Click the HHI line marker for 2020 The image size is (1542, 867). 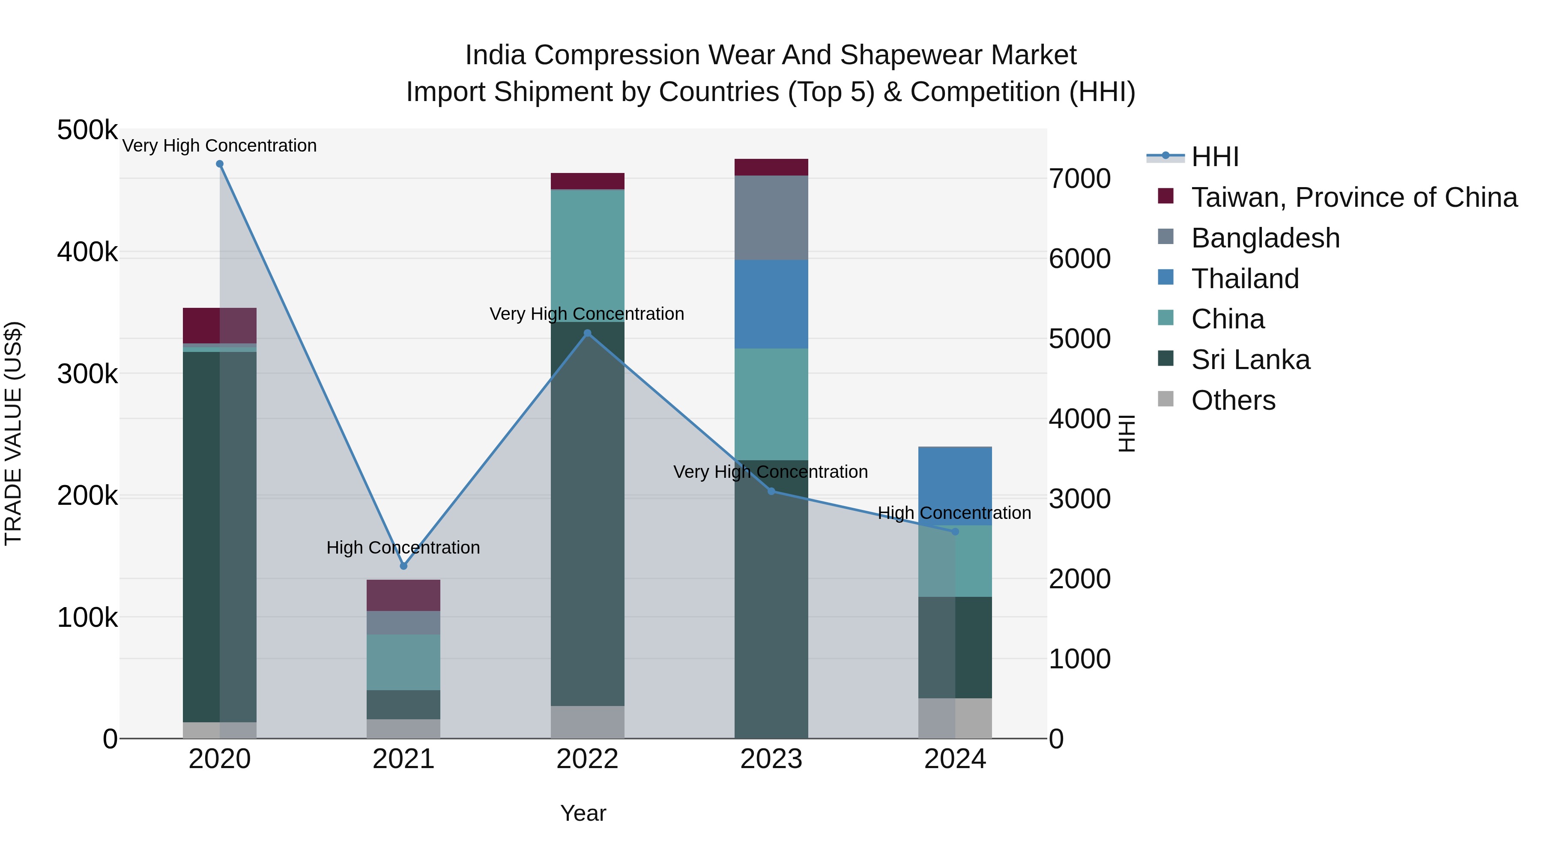coord(220,164)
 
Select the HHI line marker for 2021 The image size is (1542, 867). coord(403,566)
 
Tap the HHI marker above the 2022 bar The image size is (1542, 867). coord(587,333)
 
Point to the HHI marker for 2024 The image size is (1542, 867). coord(955,531)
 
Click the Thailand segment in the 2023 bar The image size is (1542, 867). coord(771,304)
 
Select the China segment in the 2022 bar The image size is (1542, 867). coord(587,256)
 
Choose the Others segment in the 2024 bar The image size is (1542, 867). coord(955,718)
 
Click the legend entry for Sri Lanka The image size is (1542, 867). coord(1250,360)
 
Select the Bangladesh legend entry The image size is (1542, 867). coord(1265,238)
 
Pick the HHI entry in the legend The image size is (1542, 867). coord(1215,157)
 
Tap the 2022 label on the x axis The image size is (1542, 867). coord(587,759)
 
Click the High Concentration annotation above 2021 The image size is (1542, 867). coord(403,548)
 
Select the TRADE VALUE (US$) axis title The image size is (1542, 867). coord(13,433)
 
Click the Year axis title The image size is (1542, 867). coord(583,813)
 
